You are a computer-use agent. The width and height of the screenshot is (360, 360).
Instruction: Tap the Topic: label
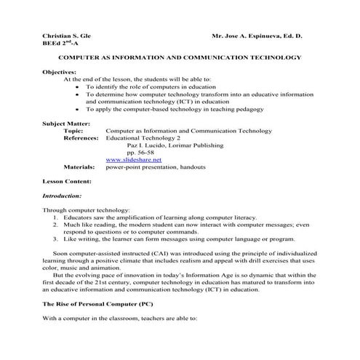click(x=74, y=131)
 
